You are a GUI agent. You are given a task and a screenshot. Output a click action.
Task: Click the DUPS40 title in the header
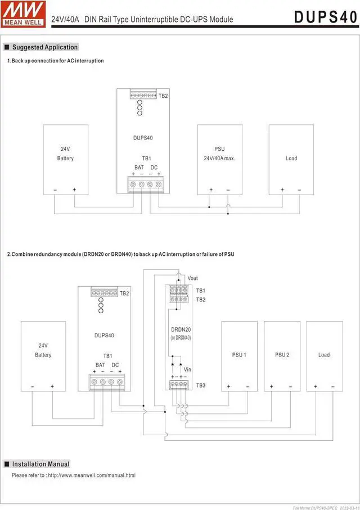[325, 17]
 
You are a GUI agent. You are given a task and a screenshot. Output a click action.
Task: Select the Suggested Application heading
[44, 47]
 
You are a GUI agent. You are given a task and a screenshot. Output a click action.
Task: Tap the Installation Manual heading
[40, 464]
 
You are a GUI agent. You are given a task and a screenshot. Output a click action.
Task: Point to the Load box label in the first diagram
[291, 159]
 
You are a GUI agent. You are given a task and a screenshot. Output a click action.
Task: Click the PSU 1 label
[238, 355]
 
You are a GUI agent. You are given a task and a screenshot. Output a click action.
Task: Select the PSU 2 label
[282, 355]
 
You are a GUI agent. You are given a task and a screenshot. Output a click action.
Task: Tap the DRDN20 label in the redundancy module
[181, 330]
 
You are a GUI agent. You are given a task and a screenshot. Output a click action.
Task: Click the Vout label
[192, 278]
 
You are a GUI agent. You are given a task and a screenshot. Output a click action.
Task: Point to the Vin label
[187, 369]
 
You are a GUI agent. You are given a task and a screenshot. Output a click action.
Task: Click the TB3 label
[201, 385]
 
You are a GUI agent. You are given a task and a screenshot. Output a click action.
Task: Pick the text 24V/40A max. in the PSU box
[219, 159]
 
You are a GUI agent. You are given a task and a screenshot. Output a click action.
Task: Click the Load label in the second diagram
[324, 355]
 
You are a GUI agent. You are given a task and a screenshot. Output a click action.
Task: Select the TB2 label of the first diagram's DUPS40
[163, 96]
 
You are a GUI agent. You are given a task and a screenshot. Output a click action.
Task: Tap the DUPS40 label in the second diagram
[104, 336]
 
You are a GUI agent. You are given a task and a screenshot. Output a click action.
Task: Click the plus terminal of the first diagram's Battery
[74, 190]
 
